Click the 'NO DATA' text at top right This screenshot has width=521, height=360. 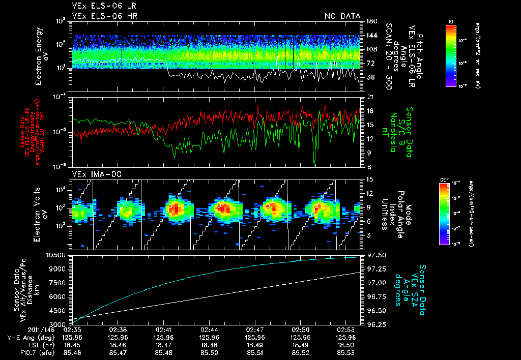342,16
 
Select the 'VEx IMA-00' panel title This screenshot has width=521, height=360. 92,174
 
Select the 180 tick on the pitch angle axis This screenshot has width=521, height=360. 371,21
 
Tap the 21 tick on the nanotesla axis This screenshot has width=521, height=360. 370,97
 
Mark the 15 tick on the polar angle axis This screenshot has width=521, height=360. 370,179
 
